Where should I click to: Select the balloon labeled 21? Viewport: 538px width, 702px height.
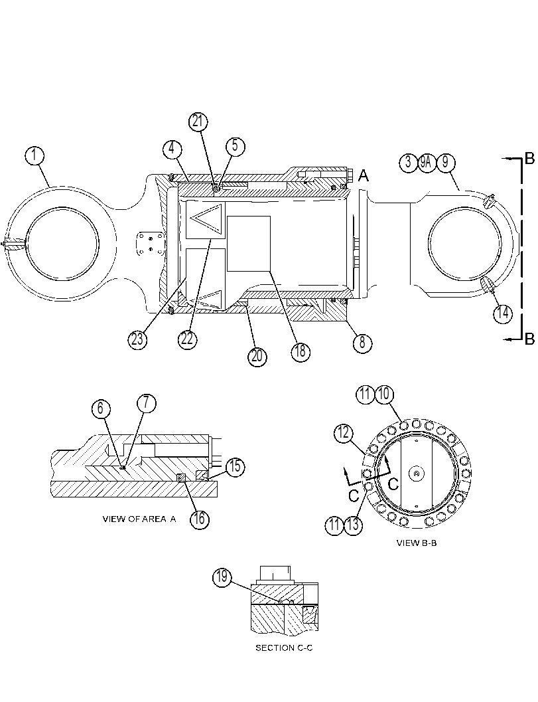click(x=198, y=122)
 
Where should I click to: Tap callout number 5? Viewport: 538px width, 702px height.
click(x=235, y=147)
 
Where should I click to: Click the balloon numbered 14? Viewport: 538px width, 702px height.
click(x=503, y=313)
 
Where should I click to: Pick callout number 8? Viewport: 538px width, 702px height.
click(x=362, y=343)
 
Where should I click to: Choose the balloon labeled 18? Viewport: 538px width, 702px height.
click(x=300, y=351)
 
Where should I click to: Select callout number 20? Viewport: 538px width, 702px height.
click(x=257, y=357)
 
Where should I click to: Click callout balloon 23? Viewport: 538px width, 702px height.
click(x=137, y=339)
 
